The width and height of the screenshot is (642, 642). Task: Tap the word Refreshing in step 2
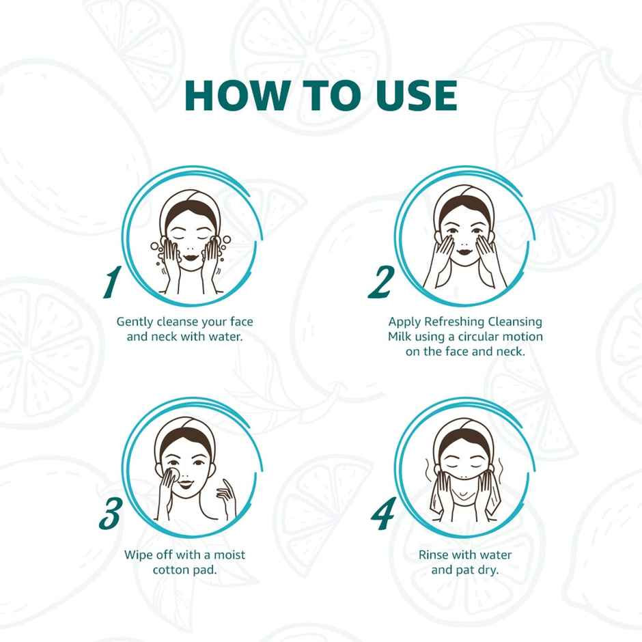tap(456, 322)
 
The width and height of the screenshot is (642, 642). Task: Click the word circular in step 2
tap(482, 337)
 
